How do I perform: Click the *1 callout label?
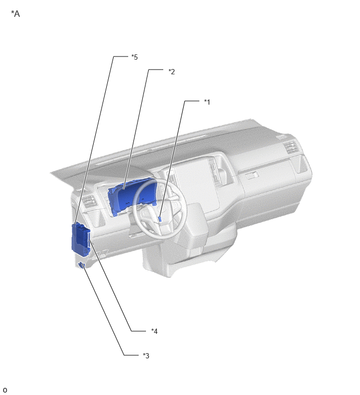[207, 102]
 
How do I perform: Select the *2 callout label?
[172, 72]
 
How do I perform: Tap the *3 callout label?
[146, 355]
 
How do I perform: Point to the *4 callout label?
[154, 331]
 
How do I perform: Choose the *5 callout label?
[134, 57]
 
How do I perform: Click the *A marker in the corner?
[15, 14]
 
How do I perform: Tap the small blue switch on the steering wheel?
[160, 219]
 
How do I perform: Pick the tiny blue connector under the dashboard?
[82, 265]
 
